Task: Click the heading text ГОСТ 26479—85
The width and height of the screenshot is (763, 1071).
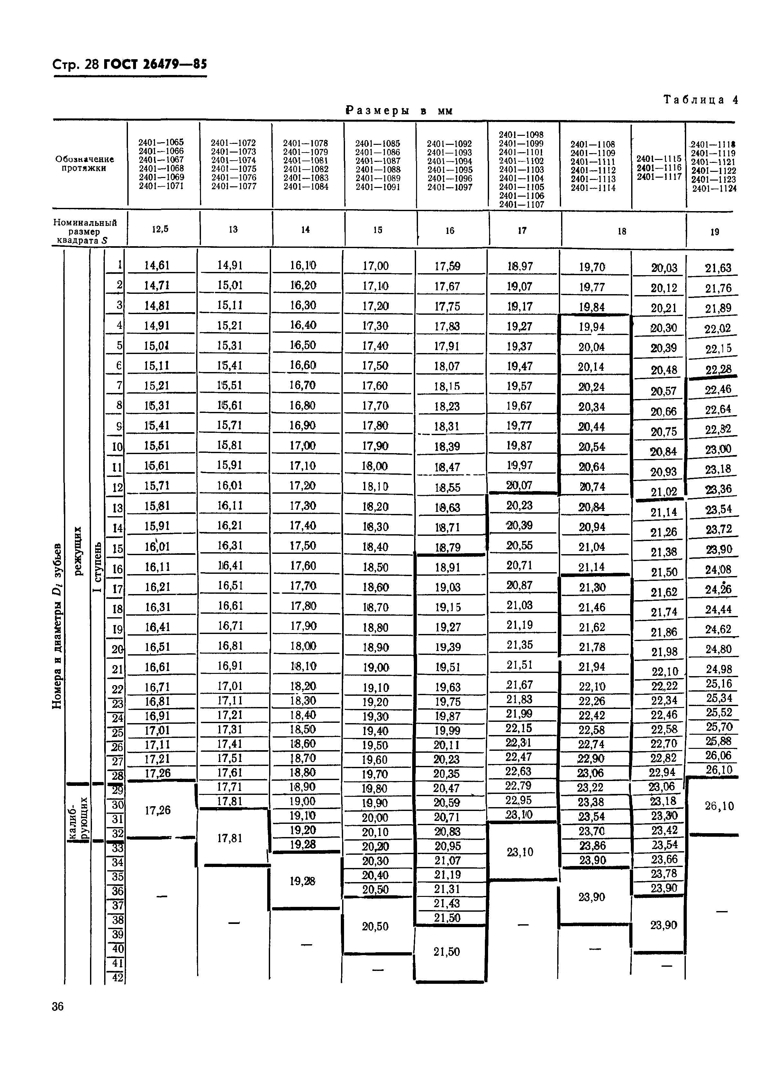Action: tap(155, 64)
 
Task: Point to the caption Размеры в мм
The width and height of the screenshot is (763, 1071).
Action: tap(399, 111)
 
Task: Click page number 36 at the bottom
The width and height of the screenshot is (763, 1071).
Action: tap(58, 1007)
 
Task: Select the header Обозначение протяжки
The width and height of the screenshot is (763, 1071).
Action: tap(85, 163)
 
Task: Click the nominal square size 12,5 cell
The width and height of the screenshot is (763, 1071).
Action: tap(160, 229)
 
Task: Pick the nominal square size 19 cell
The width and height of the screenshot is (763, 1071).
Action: tap(714, 231)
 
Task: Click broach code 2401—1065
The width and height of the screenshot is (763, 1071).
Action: tap(161, 142)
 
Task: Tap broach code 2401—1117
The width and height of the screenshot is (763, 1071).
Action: tap(659, 177)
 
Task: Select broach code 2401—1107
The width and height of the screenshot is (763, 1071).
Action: tap(522, 205)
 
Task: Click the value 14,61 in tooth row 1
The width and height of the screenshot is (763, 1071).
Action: tap(157, 265)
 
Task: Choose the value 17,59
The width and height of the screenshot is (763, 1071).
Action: tap(447, 266)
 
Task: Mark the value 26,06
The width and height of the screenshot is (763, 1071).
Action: tap(719, 755)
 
